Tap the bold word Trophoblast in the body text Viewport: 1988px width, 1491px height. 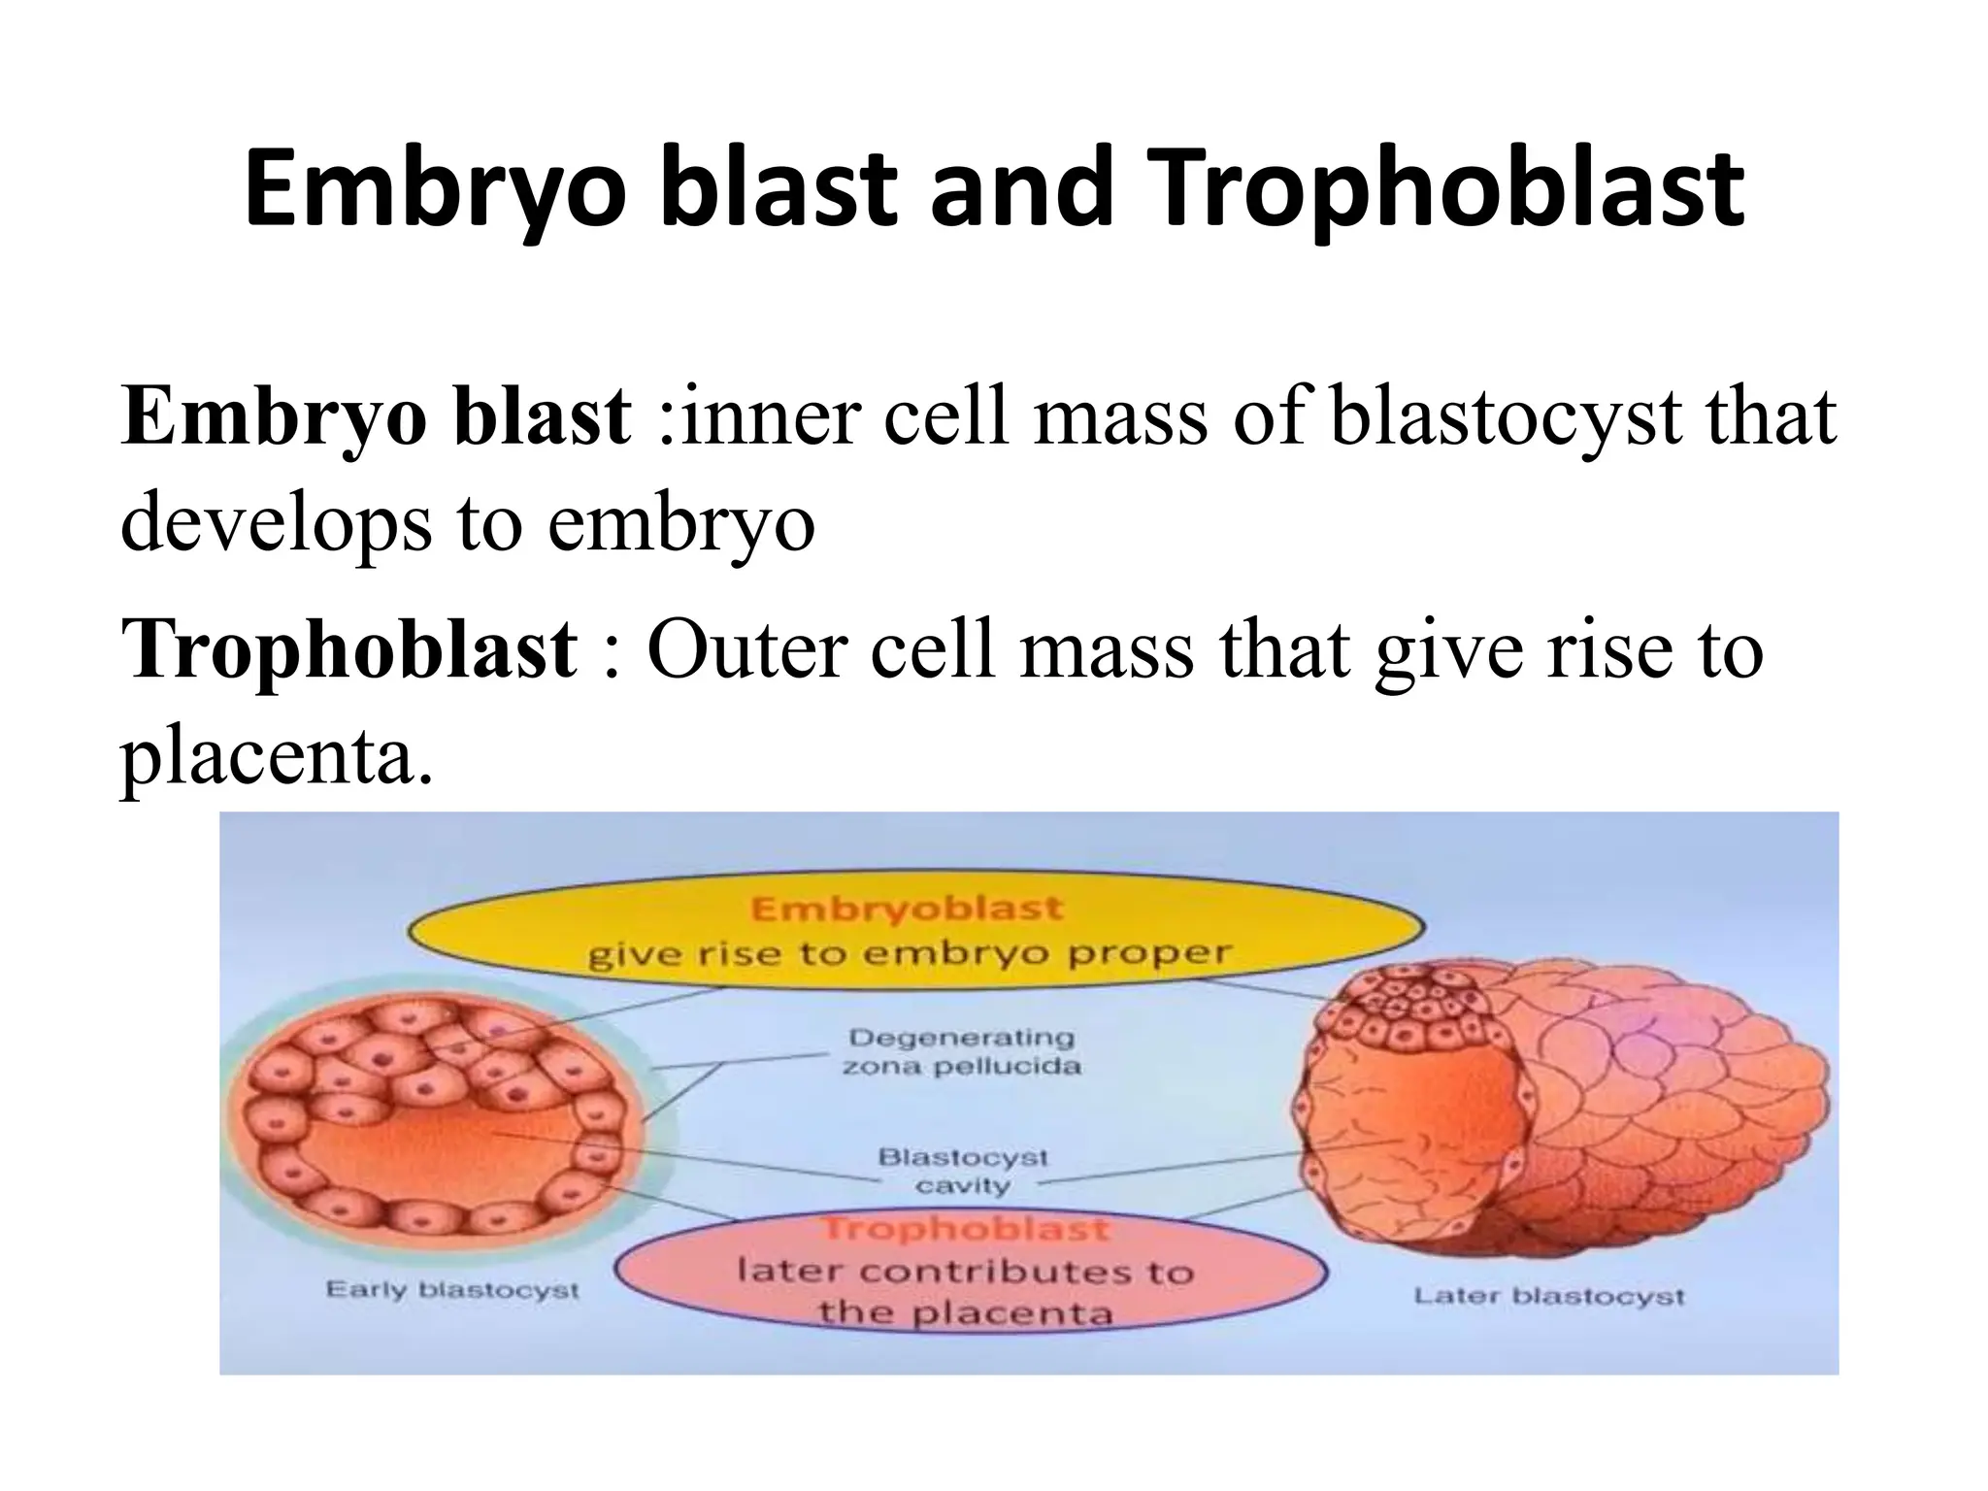point(349,648)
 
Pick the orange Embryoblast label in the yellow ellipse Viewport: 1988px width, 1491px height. point(907,910)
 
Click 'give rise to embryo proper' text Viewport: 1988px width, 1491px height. point(910,954)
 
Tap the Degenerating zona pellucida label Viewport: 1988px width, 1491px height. point(961,1052)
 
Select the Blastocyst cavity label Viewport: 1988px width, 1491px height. point(963,1171)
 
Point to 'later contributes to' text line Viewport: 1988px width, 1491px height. point(965,1272)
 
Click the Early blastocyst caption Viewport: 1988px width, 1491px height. point(452,1291)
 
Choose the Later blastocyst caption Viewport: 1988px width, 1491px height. point(1548,1296)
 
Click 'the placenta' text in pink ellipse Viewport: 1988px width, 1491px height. point(965,1313)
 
